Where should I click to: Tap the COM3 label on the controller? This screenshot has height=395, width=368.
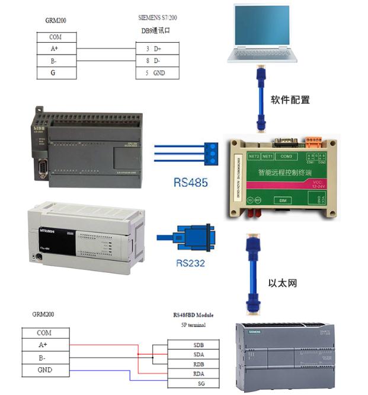286,156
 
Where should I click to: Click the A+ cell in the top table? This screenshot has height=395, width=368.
55,49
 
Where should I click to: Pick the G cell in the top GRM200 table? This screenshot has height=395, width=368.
55,74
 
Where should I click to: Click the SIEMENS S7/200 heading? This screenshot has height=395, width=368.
157,18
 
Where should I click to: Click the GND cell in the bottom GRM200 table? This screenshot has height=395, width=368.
44,370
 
